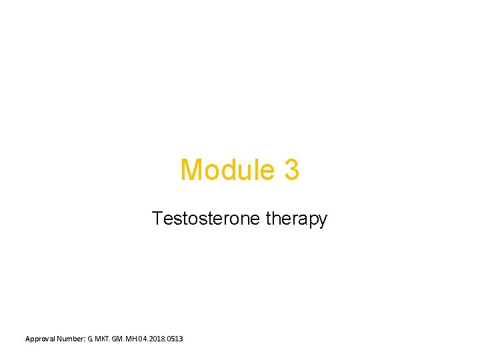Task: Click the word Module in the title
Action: tap(227, 170)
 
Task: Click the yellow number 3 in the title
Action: tap(291, 170)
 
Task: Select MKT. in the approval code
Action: tap(109, 339)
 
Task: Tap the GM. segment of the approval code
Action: tap(125, 339)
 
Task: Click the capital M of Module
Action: tap(191, 170)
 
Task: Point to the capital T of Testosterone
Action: tap(157, 218)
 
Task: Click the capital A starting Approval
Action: tap(28, 339)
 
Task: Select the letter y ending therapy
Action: tap(323, 221)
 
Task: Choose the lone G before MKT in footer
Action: tap(97, 339)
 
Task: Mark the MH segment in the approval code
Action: tap(137, 339)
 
